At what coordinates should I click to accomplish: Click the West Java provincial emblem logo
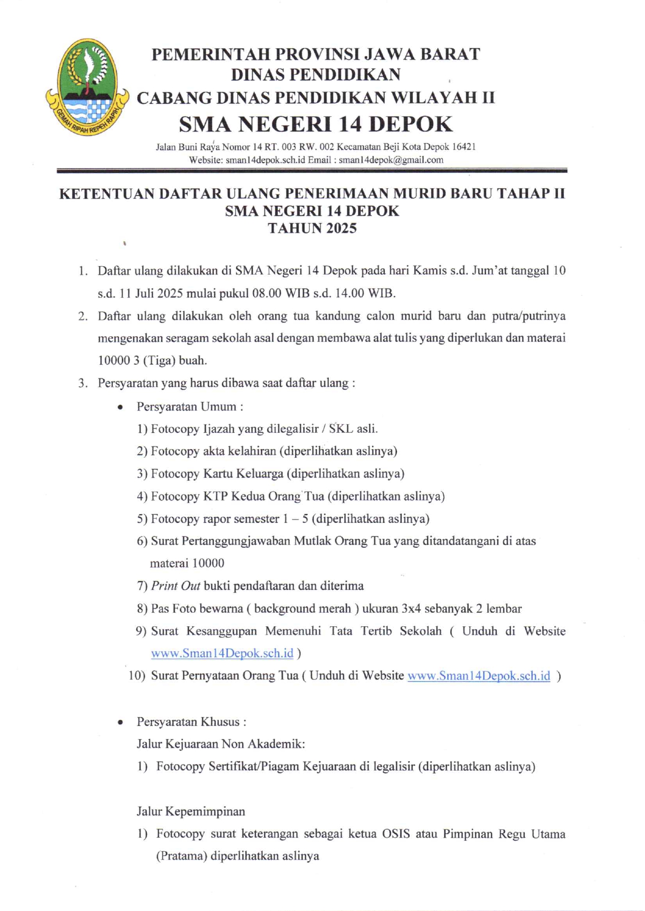87,87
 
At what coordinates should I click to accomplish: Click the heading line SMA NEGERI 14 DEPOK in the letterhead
316,125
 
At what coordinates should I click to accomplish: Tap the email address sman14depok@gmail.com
391,160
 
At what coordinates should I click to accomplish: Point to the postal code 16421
465,147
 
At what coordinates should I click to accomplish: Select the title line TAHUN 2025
312,229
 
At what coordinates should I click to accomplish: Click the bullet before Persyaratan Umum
121,407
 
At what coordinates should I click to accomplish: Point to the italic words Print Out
175,586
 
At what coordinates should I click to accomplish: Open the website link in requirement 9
222,653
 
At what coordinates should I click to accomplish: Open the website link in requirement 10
479,676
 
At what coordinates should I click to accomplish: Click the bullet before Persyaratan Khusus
121,722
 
